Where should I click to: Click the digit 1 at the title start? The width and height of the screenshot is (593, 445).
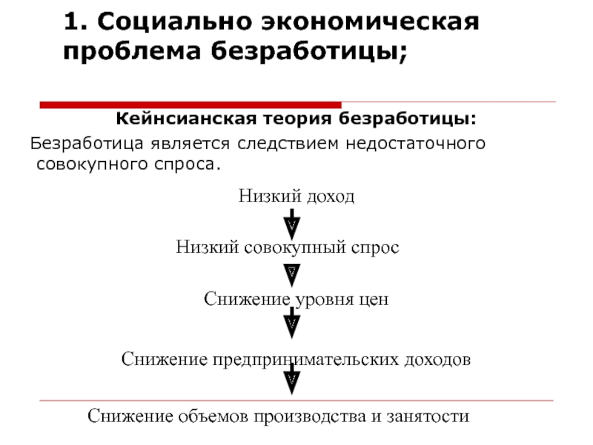pos(71,22)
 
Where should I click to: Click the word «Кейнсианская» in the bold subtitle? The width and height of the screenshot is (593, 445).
pos(182,119)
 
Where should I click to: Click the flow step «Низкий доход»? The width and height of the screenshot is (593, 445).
pos(296,197)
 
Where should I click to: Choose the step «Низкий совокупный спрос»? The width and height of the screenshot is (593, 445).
pos(288,247)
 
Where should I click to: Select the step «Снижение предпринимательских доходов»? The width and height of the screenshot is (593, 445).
pos(296,360)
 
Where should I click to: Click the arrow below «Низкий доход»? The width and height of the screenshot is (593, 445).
pos(292,221)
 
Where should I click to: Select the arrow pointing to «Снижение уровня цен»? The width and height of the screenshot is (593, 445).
pos(292,273)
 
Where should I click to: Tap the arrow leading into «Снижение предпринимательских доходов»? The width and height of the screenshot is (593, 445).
pos(292,323)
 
